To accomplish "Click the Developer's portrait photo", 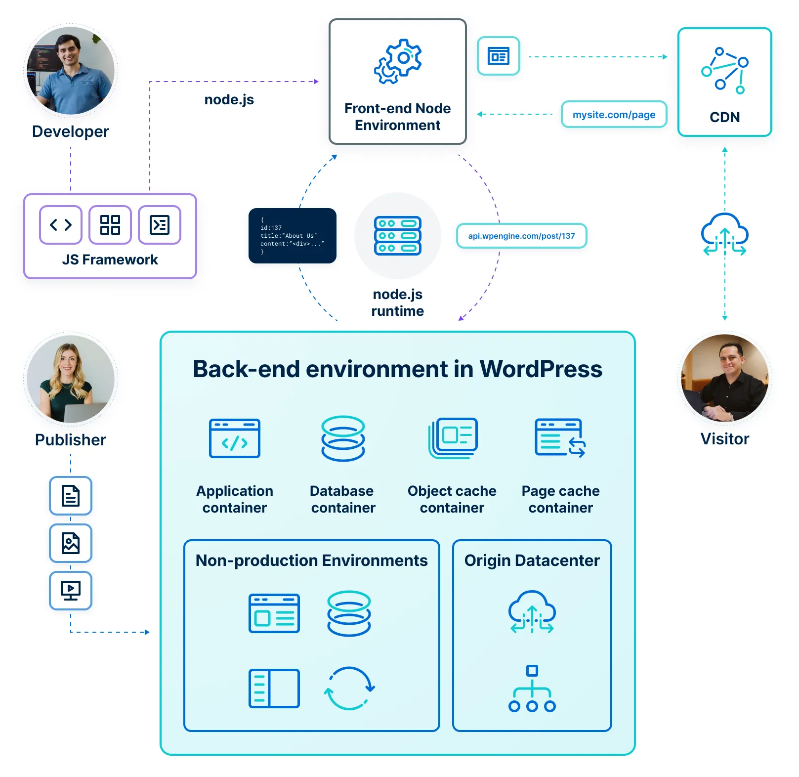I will click(71, 71).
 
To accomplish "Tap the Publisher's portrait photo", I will click(71, 379).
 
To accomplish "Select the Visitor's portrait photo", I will click(724, 378).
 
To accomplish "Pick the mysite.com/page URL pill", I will click(614, 115).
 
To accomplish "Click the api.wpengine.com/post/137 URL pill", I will click(521, 236).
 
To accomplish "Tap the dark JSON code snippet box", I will click(292, 236).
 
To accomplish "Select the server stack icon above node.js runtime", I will click(398, 236).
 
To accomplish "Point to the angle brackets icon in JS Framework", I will click(61, 225).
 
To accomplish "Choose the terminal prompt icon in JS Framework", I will click(160, 225).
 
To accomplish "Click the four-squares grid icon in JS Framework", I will click(110, 225).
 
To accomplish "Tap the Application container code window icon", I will click(235, 438).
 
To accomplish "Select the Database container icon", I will click(343, 438).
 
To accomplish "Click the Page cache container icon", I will click(560, 438).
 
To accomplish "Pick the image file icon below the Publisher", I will click(71, 543).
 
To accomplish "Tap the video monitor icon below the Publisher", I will click(71, 590).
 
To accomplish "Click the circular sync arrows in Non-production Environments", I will click(349, 688).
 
